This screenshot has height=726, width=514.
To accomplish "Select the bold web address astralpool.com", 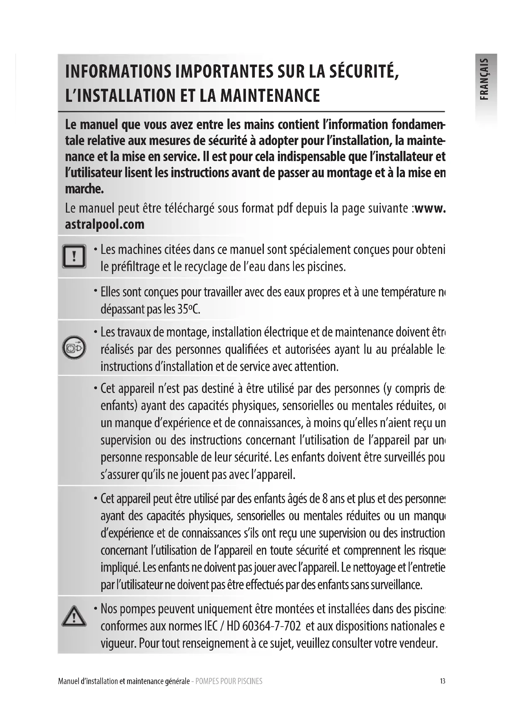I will point(105,224).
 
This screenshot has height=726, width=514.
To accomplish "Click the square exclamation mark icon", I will point(74,256).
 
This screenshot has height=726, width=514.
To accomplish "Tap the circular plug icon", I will point(74,347).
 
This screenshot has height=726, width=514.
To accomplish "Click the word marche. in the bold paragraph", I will point(85,189).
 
